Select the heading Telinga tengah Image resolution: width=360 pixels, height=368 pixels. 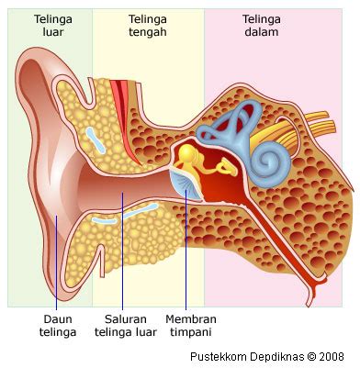coord(149,25)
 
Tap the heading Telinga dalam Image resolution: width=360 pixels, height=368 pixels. coord(262,25)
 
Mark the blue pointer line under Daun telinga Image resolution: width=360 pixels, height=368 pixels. coord(56,266)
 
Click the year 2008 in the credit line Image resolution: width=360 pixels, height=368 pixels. coord(344,356)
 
